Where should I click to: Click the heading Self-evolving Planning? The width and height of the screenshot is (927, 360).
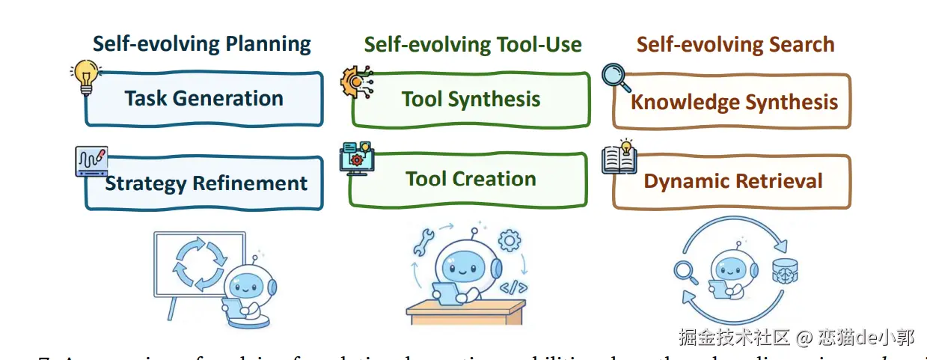(x=202, y=43)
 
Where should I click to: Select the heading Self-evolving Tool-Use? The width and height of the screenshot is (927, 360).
(x=473, y=45)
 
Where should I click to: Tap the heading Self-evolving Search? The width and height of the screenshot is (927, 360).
(x=735, y=45)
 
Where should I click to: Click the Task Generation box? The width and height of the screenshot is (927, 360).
(x=204, y=99)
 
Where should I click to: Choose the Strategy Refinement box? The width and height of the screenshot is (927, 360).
(x=206, y=183)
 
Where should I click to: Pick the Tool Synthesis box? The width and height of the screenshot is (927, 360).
(x=471, y=100)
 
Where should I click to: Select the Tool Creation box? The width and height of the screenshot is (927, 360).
(x=471, y=180)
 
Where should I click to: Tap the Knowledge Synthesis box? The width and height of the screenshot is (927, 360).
(x=733, y=102)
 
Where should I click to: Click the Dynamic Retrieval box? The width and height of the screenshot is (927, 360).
(x=733, y=181)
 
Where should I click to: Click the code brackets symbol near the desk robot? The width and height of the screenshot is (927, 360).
(x=513, y=286)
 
